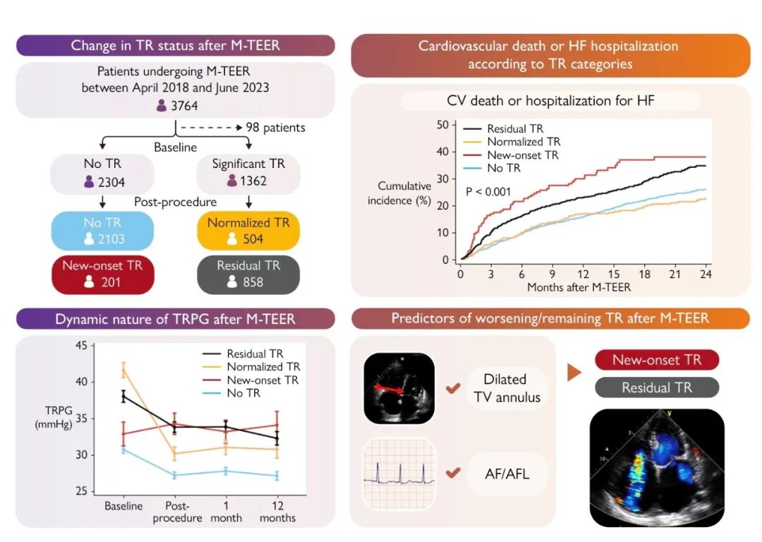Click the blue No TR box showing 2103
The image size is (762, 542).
click(102, 231)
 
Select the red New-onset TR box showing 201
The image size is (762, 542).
click(102, 274)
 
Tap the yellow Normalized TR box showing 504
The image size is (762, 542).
click(248, 231)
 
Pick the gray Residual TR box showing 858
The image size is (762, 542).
click(248, 274)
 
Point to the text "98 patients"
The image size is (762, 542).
click(275, 128)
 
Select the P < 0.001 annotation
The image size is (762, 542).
click(489, 191)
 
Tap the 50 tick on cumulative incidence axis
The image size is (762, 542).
click(443, 125)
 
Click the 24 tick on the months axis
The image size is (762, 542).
click(705, 274)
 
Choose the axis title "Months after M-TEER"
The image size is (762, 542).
click(579, 287)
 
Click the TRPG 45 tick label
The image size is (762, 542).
click(80, 345)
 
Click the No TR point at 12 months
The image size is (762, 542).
click(277, 476)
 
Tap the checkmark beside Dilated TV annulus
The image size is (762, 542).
click(454, 388)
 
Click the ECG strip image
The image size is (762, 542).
click(398, 474)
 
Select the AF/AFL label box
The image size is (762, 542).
click(507, 474)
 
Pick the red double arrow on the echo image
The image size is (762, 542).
click(389, 388)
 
